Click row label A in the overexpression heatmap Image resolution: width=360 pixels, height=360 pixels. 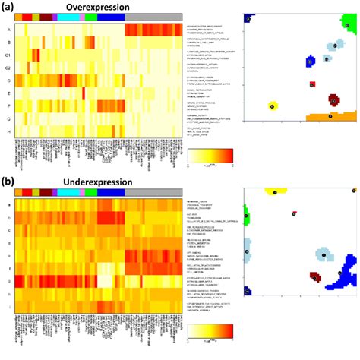point(8,30)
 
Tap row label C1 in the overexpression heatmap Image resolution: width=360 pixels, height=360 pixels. point(8,55)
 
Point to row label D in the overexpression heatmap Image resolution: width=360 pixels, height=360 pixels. point(8,80)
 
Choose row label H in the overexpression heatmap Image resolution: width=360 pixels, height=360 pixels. point(8,131)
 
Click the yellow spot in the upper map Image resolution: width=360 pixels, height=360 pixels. point(273,106)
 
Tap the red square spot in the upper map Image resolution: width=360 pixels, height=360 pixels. point(311,84)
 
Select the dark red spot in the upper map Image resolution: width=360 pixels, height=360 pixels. point(333,99)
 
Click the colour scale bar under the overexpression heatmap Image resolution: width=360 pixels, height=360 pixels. point(211,156)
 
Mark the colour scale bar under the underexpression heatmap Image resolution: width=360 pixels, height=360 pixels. point(211,330)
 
